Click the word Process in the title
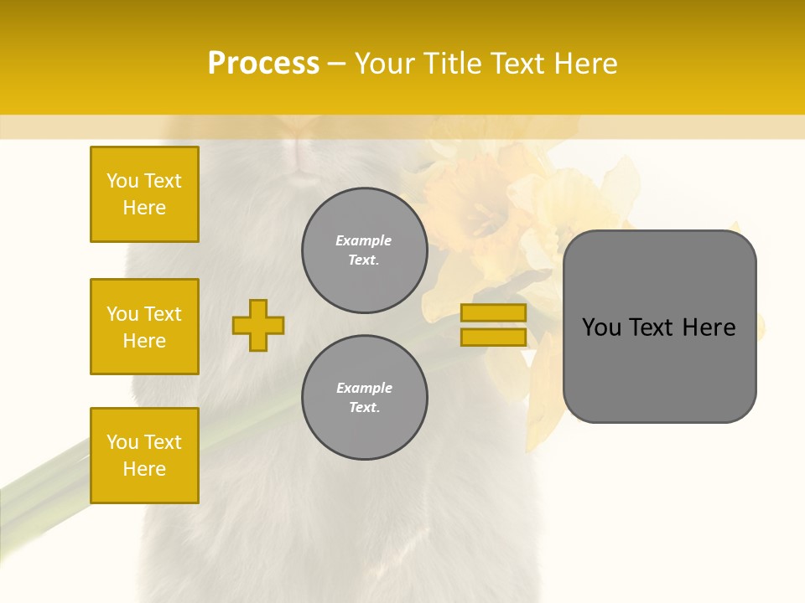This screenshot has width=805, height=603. coord(263,64)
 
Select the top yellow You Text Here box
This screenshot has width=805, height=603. coord(144,194)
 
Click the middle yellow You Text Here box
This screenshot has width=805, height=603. coord(144,327)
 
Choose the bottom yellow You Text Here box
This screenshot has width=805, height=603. coord(144,456)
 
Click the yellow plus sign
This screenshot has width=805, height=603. coord(258,325)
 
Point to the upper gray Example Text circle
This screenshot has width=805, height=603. coord(364,250)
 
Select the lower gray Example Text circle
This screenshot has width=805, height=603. coord(364,398)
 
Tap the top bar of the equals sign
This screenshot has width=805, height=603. coord(494,313)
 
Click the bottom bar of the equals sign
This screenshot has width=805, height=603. coord(494,337)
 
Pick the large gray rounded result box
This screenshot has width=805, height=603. coord(659,368)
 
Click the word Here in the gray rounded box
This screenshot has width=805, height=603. coord(709,327)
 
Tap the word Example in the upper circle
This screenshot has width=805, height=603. coord(364,240)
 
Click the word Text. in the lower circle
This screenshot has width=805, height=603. coord(364,408)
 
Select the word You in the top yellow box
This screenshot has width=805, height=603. coord(122,181)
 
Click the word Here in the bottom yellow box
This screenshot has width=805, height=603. coord(144,469)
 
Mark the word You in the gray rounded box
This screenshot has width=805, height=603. coord(601,327)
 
